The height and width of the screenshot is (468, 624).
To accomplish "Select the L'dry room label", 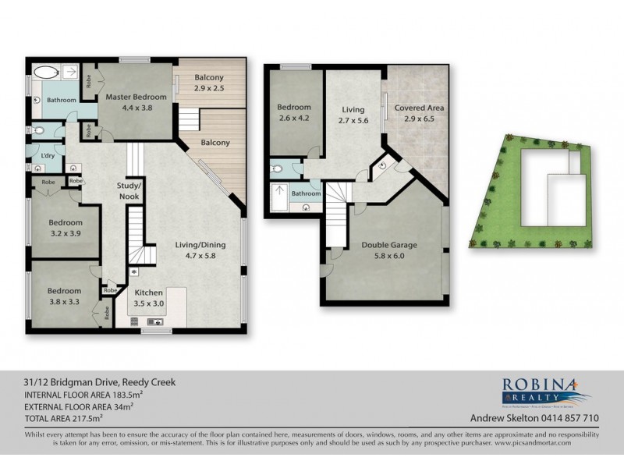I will pyautogui.click(x=46, y=156).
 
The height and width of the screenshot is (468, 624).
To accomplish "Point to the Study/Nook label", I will pyautogui.click(x=129, y=190).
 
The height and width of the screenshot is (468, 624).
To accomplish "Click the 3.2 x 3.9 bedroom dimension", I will pyautogui.click(x=65, y=232).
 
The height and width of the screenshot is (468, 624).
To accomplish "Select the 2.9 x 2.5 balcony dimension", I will pyautogui.click(x=208, y=88).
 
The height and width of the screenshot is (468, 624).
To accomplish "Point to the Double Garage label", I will pyautogui.click(x=389, y=245).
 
